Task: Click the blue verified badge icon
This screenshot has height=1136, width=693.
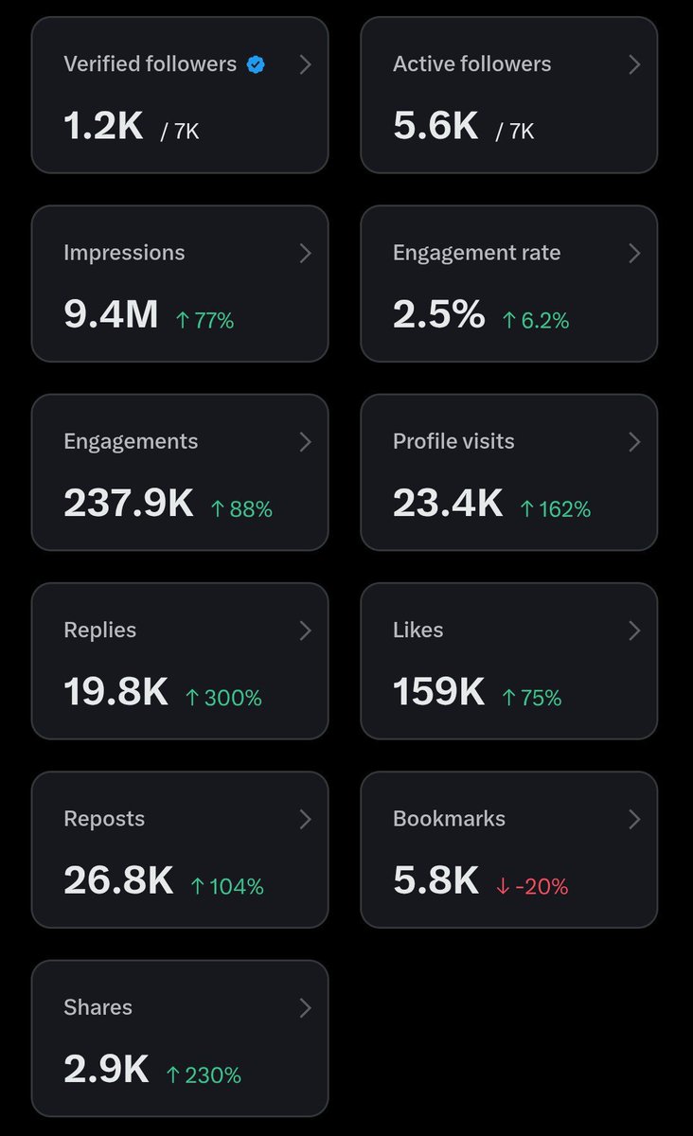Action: tap(256, 64)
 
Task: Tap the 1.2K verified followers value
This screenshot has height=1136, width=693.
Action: tap(103, 125)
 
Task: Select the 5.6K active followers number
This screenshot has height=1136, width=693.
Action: tap(435, 125)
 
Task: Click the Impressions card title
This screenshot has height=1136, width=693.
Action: tap(124, 253)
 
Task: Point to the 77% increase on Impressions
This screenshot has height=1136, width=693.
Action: tap(204, 321)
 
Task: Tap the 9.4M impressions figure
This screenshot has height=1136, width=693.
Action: tap(111, 314)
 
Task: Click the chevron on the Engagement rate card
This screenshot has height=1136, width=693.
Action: tap(634, 253)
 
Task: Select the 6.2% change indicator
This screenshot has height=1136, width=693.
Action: tap(536, 321)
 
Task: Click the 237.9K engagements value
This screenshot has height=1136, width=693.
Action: tap(129, 503)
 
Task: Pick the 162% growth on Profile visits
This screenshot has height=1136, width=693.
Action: tap(556, 509)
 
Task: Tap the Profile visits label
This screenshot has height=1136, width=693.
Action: tap(453, 441)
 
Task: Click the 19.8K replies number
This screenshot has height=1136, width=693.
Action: tap(115, 691)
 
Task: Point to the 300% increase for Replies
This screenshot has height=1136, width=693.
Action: tap(223, 698)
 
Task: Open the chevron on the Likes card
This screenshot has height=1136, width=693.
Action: tap(634, 630)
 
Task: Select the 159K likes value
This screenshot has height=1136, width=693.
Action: tap(439, 691)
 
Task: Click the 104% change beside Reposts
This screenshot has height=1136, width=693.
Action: tap(227, 886)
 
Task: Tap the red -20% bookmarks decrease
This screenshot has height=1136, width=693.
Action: tap(532, 886)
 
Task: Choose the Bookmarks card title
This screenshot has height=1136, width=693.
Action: tap(449, 819)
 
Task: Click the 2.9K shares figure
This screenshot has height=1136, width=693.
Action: tap(106, 1069)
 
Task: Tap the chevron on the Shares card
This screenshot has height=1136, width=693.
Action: tap(305, 1007)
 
